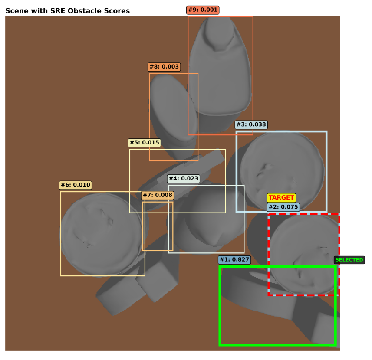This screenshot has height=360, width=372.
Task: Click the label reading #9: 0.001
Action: coord(203,10)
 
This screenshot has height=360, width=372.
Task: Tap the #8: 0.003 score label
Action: coord(164,67)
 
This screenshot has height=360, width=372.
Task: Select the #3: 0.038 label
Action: coord(251,124)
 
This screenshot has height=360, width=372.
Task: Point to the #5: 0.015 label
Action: coord(145,143)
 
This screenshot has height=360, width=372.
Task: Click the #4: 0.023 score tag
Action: coord(183,179)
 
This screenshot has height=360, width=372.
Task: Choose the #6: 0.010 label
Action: coord(76,185)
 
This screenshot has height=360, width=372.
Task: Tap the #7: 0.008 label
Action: coord(158,195)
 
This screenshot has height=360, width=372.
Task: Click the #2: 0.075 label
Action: coord(283,207)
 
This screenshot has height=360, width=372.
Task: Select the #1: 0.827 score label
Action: coord(234,260)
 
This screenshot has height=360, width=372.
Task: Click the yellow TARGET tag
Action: coord(281,198)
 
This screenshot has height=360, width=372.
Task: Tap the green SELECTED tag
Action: coord(349,260)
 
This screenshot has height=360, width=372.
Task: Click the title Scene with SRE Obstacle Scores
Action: coord(68,11)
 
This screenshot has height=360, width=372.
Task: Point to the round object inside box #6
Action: coord(102,235)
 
